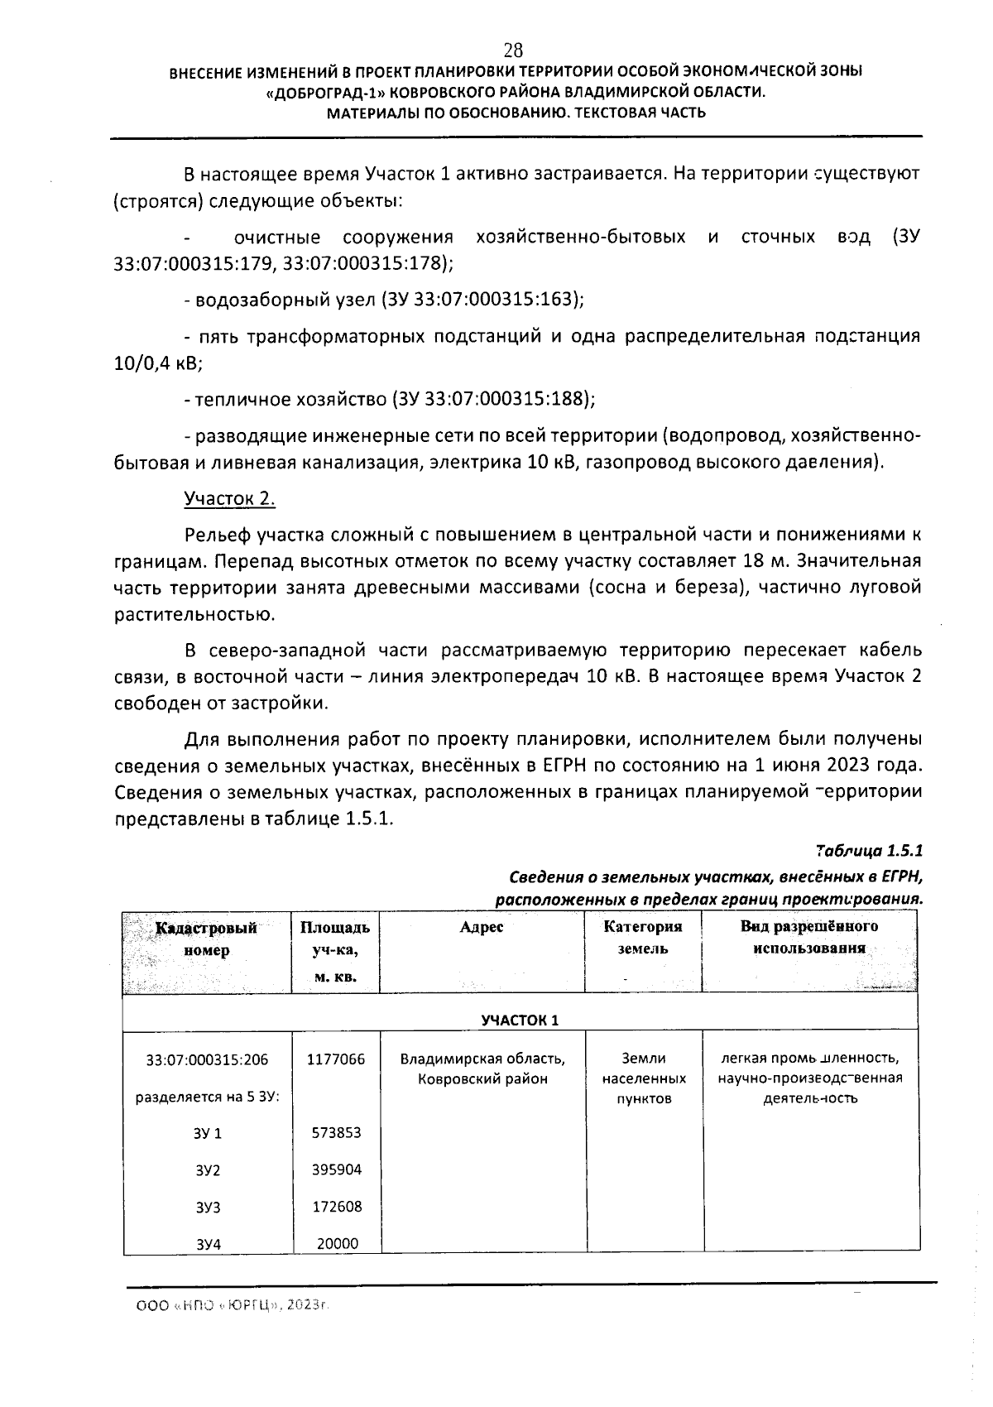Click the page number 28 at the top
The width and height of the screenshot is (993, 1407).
coord(512,49)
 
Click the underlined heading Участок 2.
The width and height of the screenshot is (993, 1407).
coord(229,499)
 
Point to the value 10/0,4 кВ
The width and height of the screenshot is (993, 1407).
coord(158,363)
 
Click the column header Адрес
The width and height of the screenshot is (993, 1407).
coord(481,927)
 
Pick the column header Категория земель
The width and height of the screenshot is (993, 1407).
coord(643,938)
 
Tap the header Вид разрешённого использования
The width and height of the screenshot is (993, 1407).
coord(808,937)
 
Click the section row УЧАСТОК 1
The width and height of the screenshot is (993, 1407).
coord(520,1020)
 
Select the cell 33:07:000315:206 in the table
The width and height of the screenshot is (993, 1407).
coord(207,1059)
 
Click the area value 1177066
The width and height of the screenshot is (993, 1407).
coord(336,1059)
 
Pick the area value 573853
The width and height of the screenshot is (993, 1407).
coord(336,1132)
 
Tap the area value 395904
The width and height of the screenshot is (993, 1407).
coord(336,1169)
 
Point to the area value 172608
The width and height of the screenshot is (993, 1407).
coord(336,1207)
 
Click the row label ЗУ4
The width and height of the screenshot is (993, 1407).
coord(208,1244)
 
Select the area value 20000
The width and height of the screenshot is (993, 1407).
coord(336,1243)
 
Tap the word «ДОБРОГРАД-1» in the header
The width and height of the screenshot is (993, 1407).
coord(326,93)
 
